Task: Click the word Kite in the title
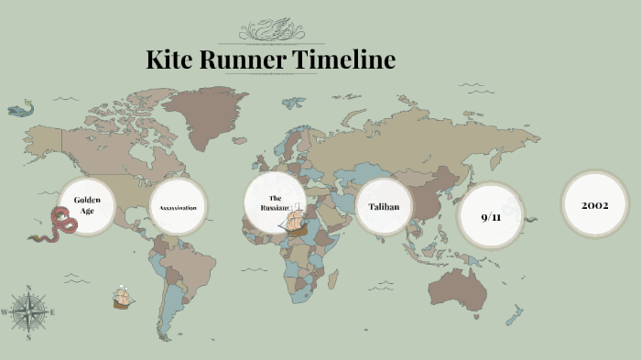click(x=173, y=60)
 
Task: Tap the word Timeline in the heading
click(x=346, y=60)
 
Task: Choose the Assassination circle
click(x=178, y=208)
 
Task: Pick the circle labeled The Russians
click(x=274, y=203)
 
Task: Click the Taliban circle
click(x=384, y=207)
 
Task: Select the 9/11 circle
click(x=491, y=215)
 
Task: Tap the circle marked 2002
click(x=595, y=204)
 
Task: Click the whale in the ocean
click(x=19, y=109)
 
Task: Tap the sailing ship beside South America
click(x=123, y=298)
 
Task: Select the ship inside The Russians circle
click(x=295, y=222)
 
